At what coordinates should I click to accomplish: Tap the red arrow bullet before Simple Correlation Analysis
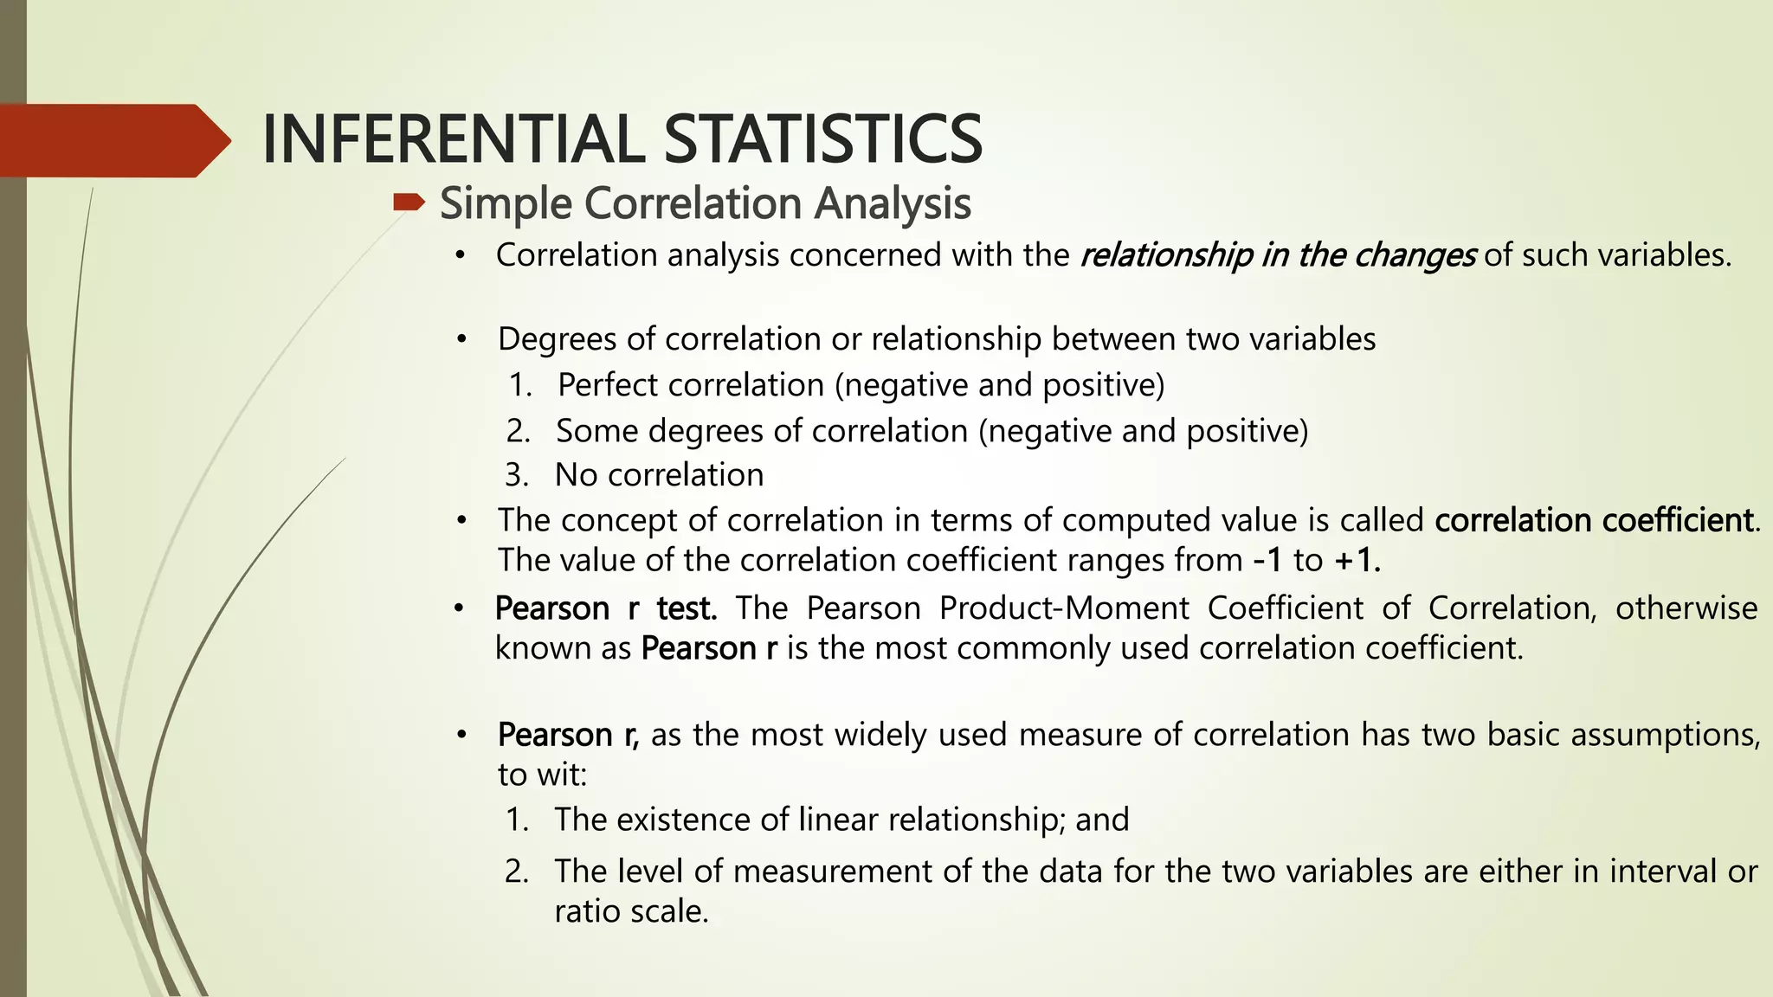point(408,203)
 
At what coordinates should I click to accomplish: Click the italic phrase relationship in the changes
point(1278,255)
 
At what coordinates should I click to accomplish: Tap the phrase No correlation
point(659,475)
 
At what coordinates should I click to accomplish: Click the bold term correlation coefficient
point(1594,520)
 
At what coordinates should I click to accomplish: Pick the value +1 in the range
point(1357,561)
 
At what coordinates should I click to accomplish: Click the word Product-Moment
point(1064,608)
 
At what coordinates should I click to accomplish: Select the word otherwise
point(1686,608)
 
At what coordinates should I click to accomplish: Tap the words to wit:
point(542,775)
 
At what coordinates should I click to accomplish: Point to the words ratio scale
point(631,911)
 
